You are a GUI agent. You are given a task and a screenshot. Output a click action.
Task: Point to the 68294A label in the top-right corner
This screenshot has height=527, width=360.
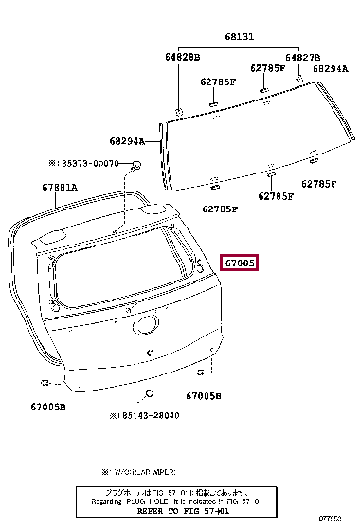[331, 68]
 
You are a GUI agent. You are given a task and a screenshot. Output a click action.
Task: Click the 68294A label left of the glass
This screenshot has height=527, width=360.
[126, 141]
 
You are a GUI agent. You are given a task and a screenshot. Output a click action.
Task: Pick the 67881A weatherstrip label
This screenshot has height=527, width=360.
[59, 187]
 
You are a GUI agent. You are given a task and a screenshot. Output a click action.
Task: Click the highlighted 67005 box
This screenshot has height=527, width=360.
[240, 263]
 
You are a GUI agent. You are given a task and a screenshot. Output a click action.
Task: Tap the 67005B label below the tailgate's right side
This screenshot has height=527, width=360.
[203, 395]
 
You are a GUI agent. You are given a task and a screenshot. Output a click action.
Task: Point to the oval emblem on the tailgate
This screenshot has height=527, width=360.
[145, 323]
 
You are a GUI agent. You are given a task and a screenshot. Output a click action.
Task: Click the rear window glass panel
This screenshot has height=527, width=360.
[237, 142]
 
